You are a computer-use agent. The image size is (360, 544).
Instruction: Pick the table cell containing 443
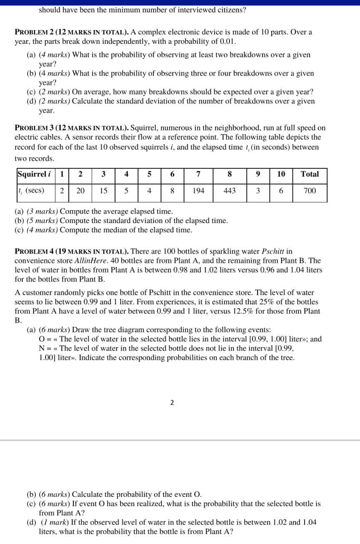[230, 191]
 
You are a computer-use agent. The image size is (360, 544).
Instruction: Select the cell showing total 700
[310, 191]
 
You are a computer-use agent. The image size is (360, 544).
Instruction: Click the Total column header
[310, 174]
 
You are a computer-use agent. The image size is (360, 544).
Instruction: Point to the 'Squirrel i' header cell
[34, 174]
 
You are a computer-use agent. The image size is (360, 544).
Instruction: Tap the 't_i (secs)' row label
[31, 191]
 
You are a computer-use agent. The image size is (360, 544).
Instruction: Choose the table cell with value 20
[80, 191]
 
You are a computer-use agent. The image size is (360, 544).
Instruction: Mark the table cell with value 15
[103, 191]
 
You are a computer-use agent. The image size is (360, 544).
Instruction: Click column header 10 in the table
[281, 174]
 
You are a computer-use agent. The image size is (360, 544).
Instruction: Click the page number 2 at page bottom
[172, 403]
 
